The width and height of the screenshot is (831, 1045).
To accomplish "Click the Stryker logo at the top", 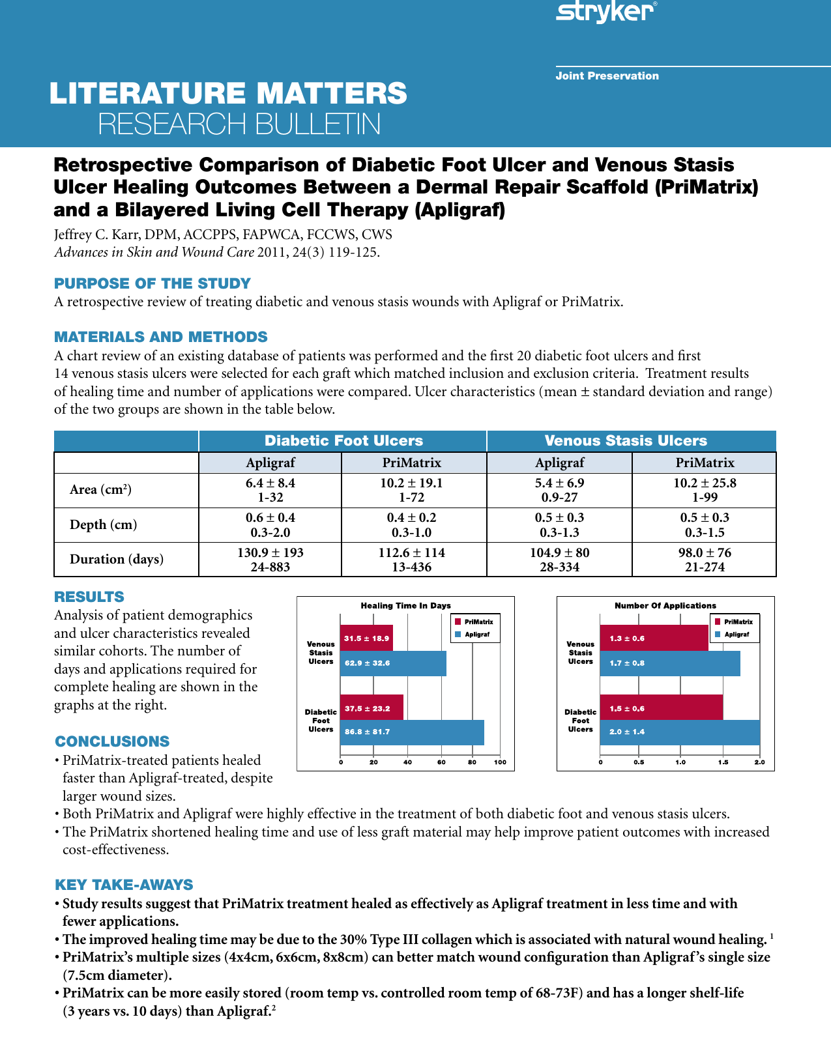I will (605, 12).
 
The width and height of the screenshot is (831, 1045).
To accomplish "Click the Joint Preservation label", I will (607, 76).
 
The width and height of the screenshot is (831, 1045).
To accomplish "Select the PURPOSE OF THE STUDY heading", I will (152, 283).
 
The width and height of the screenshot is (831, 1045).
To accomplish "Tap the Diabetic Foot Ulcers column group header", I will (343, 441).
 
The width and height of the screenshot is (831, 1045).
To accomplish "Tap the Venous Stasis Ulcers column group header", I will (625, 441).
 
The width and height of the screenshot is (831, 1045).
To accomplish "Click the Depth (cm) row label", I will (103, 525).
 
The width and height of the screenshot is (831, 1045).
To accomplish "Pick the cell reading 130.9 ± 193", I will (270, 552).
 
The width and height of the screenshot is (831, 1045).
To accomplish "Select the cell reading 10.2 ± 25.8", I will (705, 483).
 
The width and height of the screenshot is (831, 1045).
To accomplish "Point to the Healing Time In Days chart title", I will (405, 605).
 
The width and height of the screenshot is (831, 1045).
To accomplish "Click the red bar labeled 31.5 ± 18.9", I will (366, 638).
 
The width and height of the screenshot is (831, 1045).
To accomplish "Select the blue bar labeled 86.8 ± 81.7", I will (412, 732).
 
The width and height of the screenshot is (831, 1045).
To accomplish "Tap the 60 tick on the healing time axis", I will (441, 762).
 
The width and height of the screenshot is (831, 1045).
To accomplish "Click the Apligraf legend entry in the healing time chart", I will (476, 634).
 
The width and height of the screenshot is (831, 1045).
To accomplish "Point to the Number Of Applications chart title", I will (665, 605).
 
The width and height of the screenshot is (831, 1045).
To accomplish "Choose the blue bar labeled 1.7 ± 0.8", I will (669, 663).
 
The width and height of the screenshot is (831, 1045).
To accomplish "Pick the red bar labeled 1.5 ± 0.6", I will (661, 708).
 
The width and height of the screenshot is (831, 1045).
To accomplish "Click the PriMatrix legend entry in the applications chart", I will (737, 622).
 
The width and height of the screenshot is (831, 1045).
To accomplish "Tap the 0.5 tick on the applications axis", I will (639, 762).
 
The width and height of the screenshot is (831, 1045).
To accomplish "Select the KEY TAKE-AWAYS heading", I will (124, 885).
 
